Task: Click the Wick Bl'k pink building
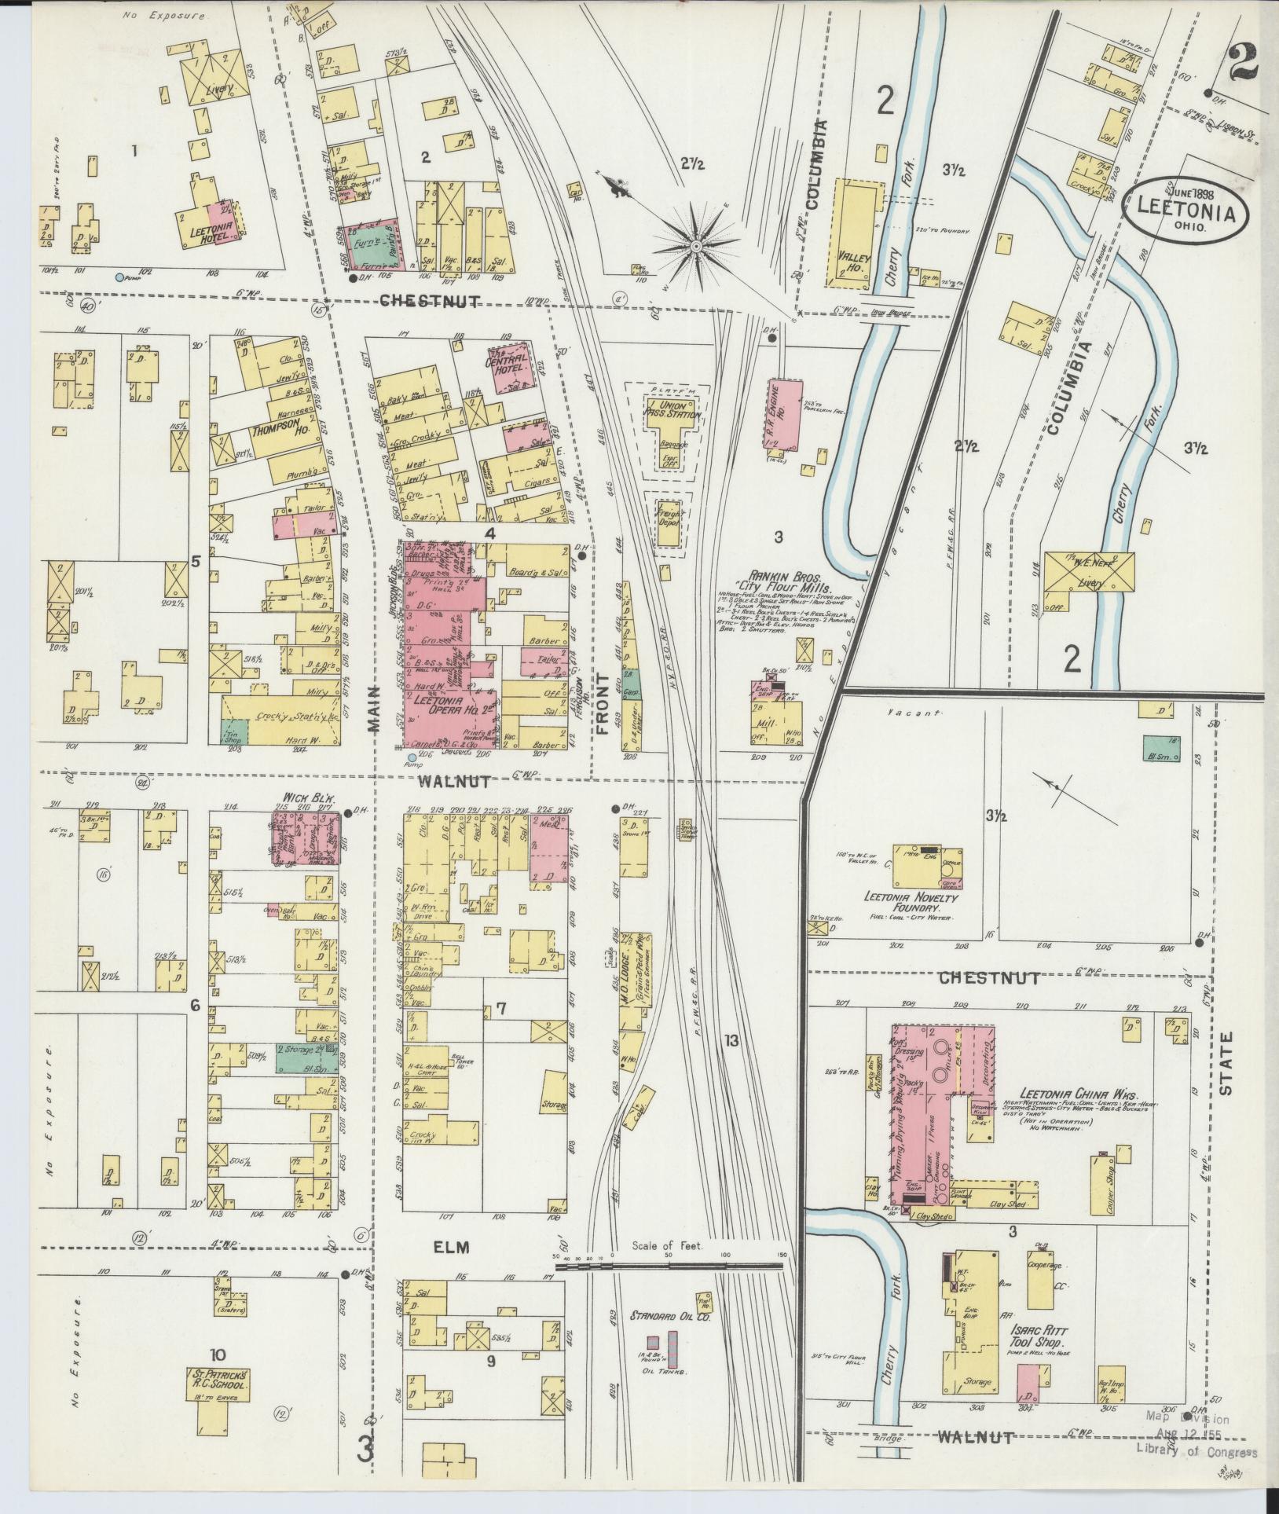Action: coord(306,838)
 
